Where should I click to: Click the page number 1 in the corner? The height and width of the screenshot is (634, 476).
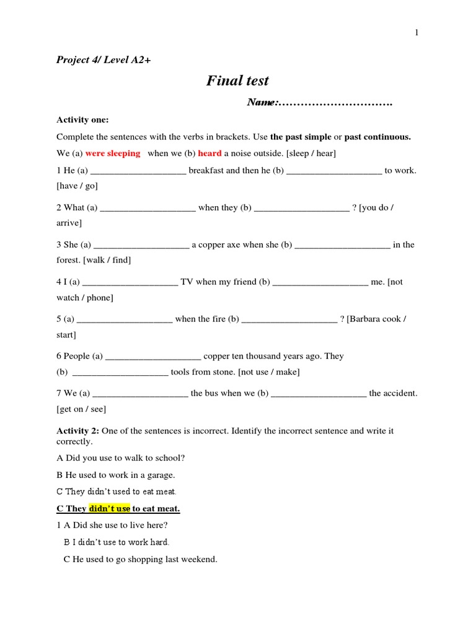coord(417,33)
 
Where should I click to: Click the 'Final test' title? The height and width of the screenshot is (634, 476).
coord(237,80)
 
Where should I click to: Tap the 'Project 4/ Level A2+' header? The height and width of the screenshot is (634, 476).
coord(104,60)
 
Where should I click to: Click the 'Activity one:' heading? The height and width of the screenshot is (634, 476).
coord(82,119)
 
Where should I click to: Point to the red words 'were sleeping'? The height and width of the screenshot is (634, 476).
coord(113,154)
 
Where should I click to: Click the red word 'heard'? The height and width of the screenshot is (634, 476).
coord(209,154)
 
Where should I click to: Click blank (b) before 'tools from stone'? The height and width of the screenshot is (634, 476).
coord(120,373)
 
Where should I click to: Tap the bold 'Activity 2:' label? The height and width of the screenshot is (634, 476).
coord(78,430)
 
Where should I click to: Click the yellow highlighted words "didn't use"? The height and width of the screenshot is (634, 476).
coord(110,509)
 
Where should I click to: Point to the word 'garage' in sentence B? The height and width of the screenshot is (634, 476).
coord(160,475)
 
